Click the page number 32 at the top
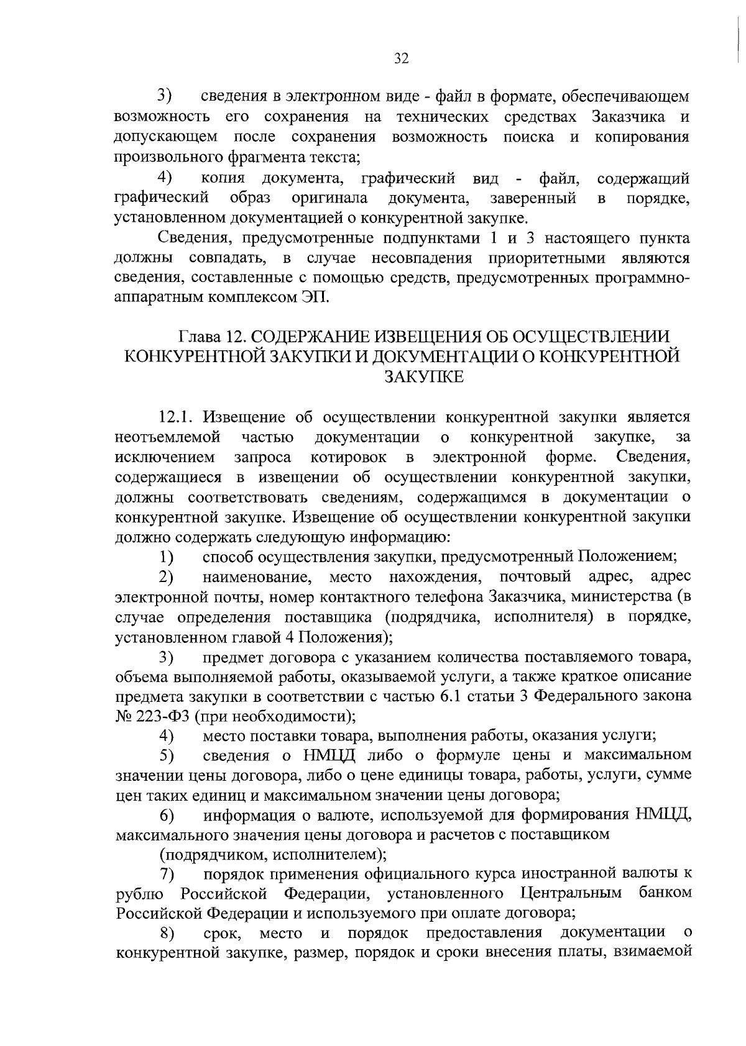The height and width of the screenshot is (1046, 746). pyautogui.click(x=401, y=58)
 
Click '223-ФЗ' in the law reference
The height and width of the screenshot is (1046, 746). pyautogui.click(x=159, y=716)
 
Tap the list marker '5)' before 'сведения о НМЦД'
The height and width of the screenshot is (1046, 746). pyautogui.click(x=166, y=756)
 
